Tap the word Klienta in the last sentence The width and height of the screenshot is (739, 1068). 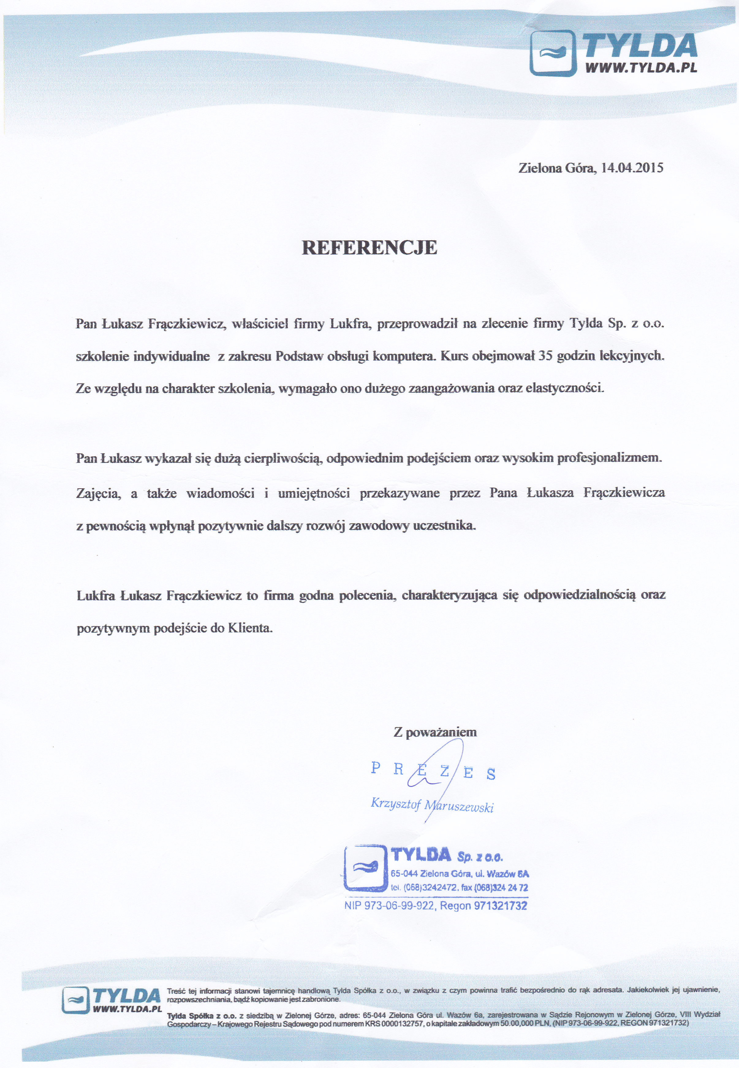click(x=251, y=628)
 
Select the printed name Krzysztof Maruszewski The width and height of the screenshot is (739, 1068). click(x=432, y=805)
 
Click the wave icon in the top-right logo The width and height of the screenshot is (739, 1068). click(x=550, y=52)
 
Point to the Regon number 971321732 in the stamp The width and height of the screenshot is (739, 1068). click(x=501, y=906)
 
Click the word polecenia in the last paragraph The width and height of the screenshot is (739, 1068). click(x=366, y=595)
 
